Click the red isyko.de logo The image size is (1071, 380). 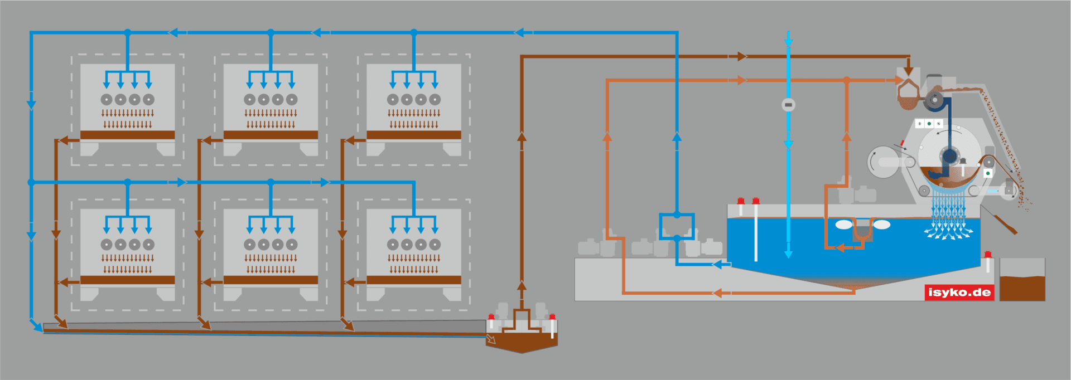coord(959,293)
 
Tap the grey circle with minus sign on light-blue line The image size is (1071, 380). coord(788,105)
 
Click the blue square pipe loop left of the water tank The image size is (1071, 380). coord(677,226)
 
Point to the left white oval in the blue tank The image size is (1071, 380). coord(844,225)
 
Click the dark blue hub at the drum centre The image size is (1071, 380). coord(949,155)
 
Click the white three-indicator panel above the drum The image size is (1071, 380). coord(929,123)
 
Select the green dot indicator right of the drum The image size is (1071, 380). coord(988,173)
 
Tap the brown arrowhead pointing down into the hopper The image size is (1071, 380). coord(909,71)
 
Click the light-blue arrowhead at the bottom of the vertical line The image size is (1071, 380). coord(788,254)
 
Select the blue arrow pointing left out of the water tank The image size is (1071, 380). coord(720,264)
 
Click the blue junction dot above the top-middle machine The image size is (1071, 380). coord(271,33)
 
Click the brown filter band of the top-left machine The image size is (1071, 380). coord(128,135)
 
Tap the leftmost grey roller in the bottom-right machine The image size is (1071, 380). coord(393,245)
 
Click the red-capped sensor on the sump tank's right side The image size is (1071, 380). coord(552,319)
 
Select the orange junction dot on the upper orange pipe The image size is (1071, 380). coord(846,80)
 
